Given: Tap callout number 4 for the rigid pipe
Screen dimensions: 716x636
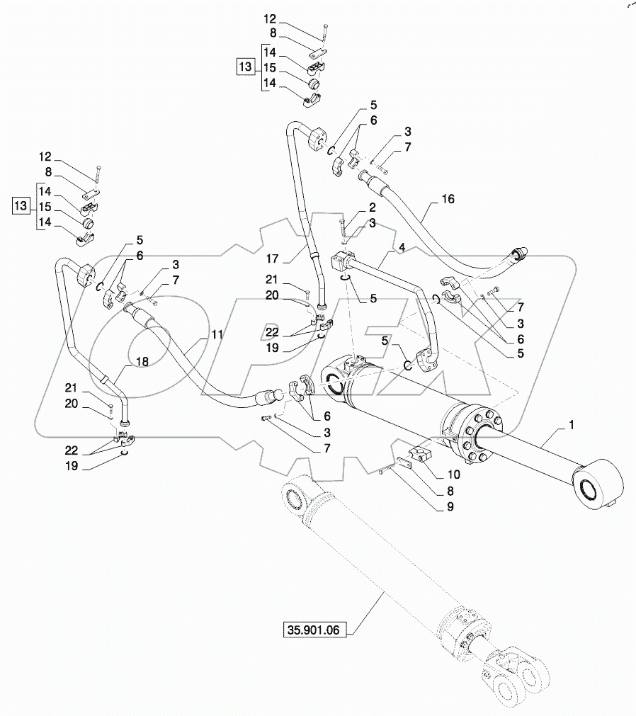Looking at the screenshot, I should [x=402, y=247].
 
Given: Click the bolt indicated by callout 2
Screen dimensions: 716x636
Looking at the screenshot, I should [x=342, y=231].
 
